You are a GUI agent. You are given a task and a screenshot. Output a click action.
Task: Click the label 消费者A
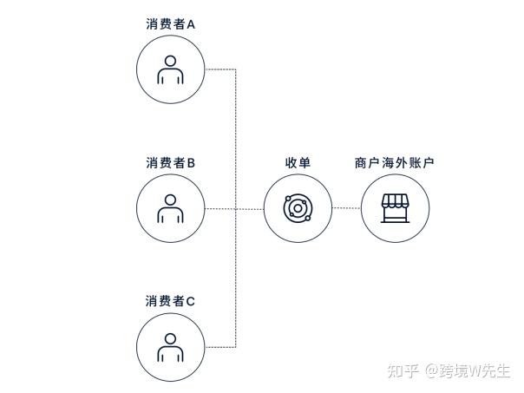point(171,24)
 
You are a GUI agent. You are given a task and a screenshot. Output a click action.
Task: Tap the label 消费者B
point(171,162)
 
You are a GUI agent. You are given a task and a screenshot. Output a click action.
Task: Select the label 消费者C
point(171,301)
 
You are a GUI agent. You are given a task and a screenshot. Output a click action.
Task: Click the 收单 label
point(298,162)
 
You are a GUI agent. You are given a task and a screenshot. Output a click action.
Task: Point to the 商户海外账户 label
point(395,162)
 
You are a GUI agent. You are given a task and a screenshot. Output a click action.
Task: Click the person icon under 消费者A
point(171,70)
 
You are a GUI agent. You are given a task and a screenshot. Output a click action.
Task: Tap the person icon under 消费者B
point(171,208)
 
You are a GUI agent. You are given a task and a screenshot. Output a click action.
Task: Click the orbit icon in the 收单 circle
point(298,208)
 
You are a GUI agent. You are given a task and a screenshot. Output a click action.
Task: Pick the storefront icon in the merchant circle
point(395,208)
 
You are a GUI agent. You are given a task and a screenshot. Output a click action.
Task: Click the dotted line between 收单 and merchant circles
point(346,208)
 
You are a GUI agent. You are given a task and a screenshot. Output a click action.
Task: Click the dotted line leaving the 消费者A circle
point(220,69)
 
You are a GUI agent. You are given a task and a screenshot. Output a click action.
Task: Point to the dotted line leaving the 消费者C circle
point(220,347)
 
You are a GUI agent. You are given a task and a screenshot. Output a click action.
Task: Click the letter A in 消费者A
point(191,24)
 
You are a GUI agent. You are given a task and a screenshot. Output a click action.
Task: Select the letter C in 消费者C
point(191,301)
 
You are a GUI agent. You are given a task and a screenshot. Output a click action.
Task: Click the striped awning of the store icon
point(395,201)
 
